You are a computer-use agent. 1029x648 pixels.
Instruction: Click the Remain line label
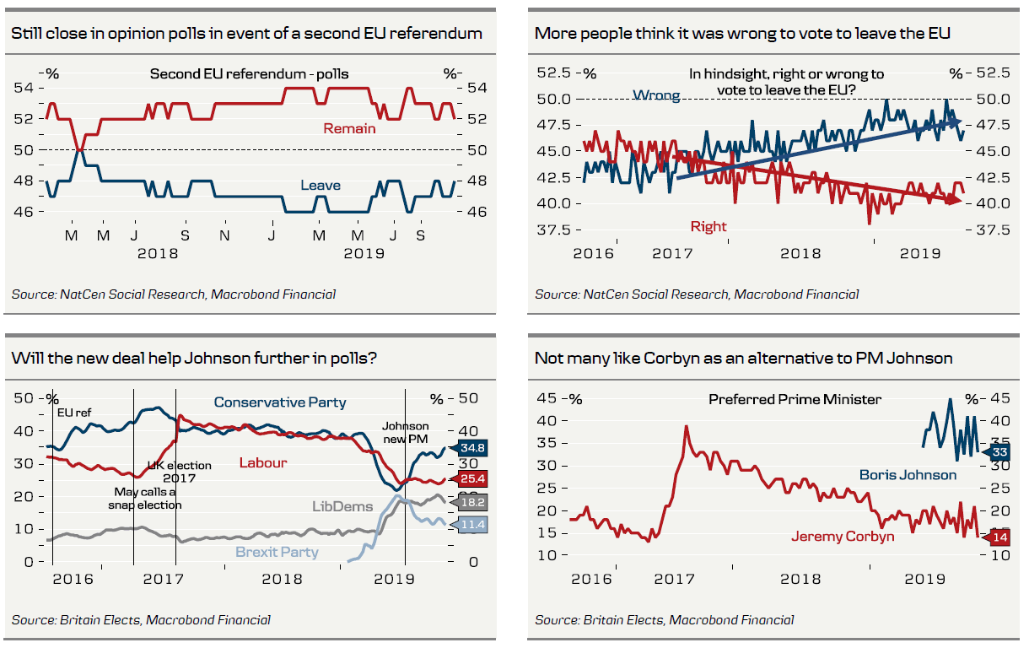pos(349,129)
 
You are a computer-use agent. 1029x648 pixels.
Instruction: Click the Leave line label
pos(321,185)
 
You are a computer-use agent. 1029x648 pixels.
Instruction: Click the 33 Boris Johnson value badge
pos(999,452)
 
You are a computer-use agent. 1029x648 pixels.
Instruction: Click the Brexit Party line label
pos(277,553)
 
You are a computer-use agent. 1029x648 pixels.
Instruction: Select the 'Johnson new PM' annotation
pos(406,433)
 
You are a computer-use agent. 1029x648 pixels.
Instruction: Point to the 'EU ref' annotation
pos(74,413)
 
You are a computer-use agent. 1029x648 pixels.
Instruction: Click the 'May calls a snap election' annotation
pos(144,498)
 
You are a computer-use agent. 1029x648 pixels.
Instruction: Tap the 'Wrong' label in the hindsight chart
pos(656,95)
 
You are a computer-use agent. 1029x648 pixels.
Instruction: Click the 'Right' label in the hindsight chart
pos(708,226)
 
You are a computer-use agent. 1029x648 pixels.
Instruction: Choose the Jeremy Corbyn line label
pos(842,537)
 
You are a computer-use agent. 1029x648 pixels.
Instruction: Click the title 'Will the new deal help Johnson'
pos(193,359)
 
